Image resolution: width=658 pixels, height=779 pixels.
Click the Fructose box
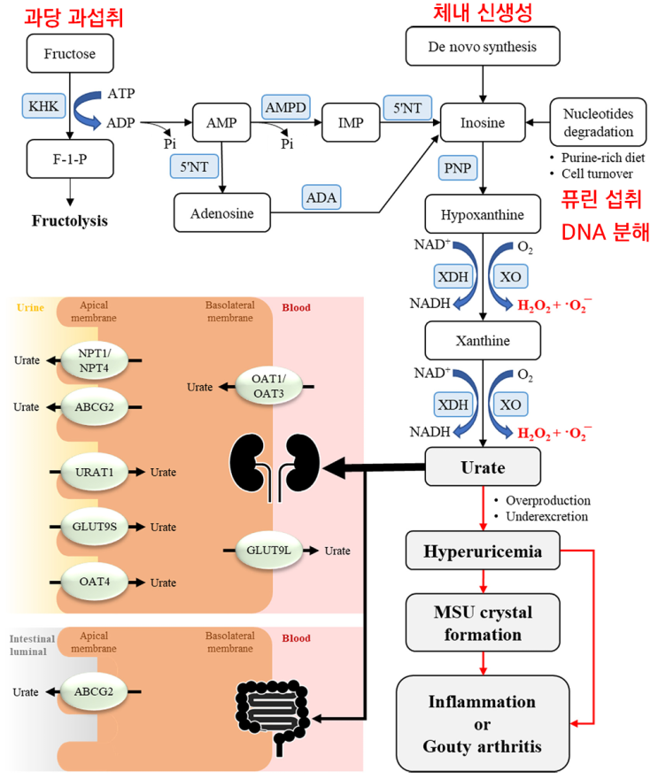69,54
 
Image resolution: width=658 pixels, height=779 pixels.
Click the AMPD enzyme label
285,107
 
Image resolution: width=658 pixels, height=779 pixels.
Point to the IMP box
351,123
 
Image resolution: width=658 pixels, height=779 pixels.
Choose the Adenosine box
221,213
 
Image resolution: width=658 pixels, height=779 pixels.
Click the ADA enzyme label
321,197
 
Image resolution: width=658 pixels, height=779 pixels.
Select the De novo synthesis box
483,45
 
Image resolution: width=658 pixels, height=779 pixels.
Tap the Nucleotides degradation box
599,123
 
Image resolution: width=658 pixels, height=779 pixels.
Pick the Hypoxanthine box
482,214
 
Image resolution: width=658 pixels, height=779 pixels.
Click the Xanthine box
482,340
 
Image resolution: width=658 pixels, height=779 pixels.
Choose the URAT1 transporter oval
96,471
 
